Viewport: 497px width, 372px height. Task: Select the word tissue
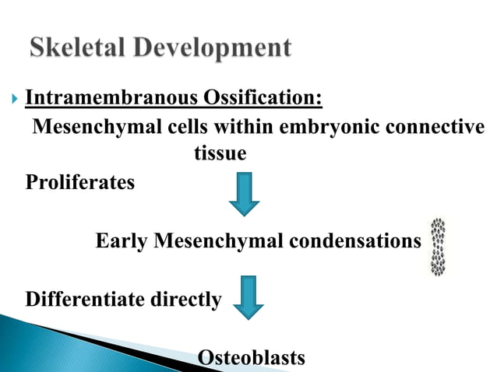coord(220,154)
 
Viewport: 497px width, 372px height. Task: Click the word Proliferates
coord(79,183)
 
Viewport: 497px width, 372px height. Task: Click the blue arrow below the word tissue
coord(244,194)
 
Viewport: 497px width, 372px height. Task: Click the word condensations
coord(355,241)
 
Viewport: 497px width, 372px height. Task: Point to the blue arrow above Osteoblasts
coord(250,297)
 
